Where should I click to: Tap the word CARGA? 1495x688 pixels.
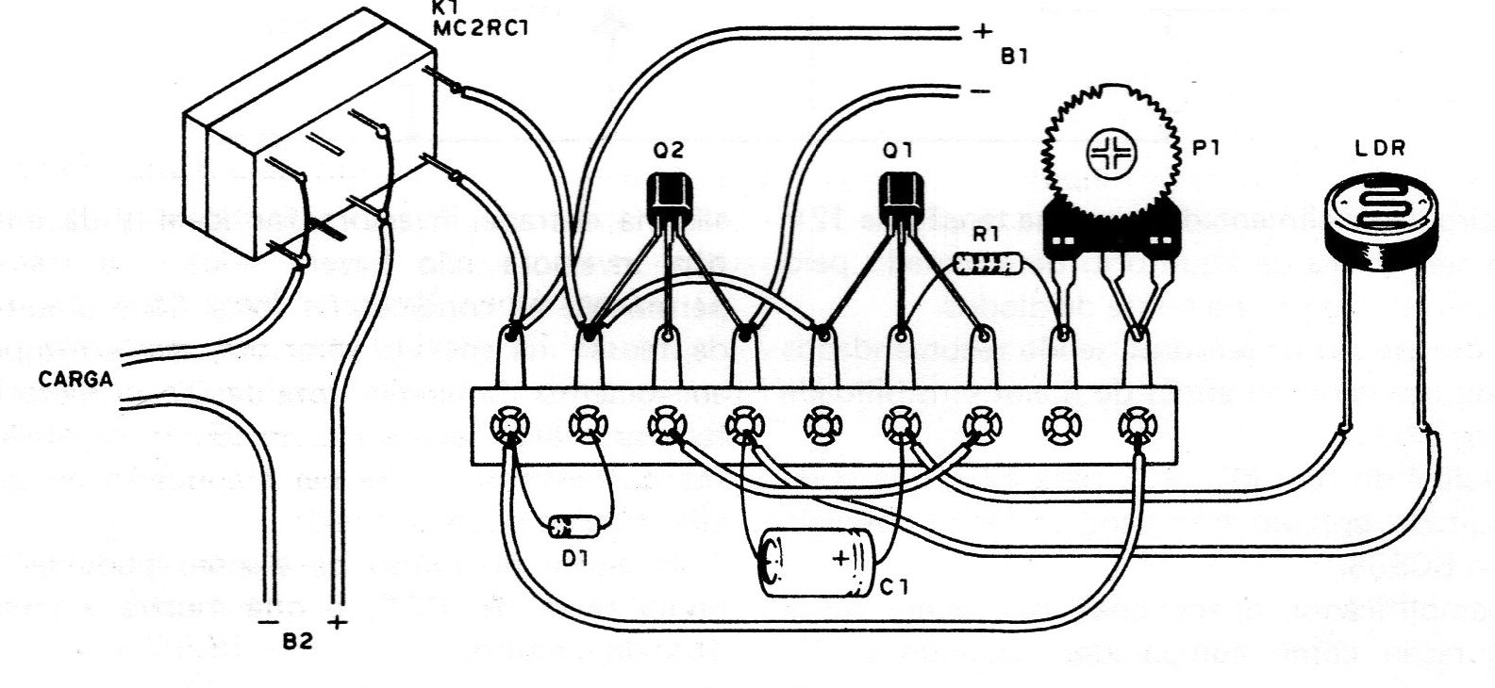[x=76, y=381]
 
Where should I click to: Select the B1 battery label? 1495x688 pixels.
[x=1014, y=57]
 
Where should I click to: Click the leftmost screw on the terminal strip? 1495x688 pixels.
[x=509, y=426]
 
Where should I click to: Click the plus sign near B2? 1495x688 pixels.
[x=339, y=622]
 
